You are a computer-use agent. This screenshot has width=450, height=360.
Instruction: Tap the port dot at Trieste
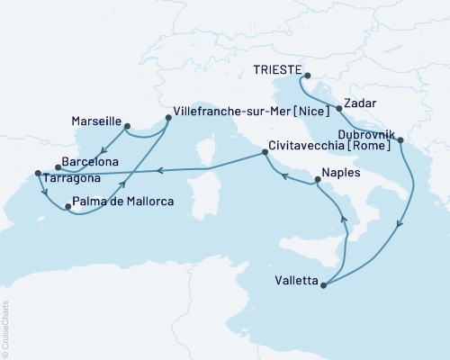click(307, 76)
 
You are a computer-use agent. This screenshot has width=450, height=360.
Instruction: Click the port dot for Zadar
click(338, 108)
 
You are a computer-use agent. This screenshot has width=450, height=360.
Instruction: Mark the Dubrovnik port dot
click(399, 140)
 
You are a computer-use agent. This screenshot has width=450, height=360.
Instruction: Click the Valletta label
click(293, 280)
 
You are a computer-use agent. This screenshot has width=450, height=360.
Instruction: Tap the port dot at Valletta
click(323, 285)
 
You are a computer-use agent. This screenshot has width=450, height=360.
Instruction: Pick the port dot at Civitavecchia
click(264, 152)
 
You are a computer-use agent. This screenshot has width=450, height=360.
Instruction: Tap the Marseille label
click(95, 120)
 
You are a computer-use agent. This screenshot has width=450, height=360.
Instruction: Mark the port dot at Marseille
click(127, 126)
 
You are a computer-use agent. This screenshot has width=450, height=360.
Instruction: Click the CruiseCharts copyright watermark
click(4, 328)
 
